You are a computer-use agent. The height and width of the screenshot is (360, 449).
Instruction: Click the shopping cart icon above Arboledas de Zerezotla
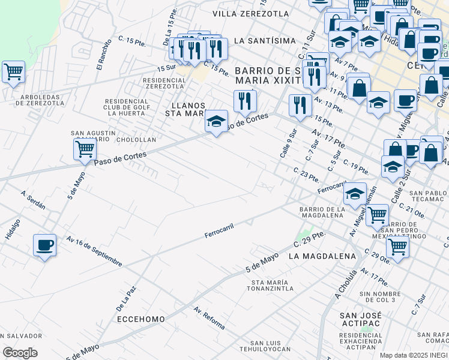pos(13,73)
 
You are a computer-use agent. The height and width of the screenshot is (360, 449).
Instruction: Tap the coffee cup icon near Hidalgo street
pos(45,245)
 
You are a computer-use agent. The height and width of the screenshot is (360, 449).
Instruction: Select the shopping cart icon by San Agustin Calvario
pos(85,148)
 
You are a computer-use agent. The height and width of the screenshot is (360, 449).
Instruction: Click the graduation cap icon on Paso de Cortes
pos(216,122)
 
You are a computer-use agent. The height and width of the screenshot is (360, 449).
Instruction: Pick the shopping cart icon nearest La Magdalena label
pos(397,245)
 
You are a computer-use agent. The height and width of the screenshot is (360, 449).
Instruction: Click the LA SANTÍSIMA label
pos(265,40)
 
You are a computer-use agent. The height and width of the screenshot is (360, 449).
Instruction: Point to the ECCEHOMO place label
pos(140,319)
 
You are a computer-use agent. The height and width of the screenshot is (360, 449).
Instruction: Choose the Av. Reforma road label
pos(209,318)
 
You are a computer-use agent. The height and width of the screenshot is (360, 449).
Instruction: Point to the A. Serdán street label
pos(33,200)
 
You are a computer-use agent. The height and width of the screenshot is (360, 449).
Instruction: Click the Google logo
pos(20,352)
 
